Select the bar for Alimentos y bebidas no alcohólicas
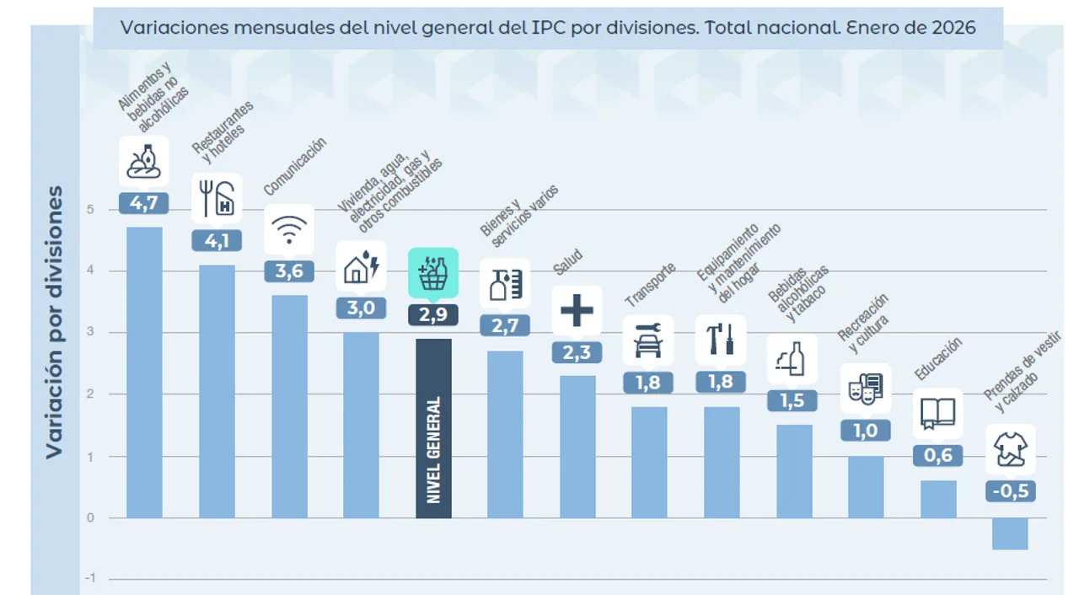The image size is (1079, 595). pyautogui.click(x=144, y=372)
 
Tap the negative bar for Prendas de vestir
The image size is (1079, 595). pyautogui.click(x=1009, y=533)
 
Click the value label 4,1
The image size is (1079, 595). pyautogui.click(x=217, y=241)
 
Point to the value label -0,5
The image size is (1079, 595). pyautogui.click(x=1010, y=491)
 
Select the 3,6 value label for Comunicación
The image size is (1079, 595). pyautogui.click(x=289, y=271)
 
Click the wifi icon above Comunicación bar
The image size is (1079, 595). pyautogui.click(x=289, y=228)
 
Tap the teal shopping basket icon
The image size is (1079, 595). pyautogui.click(x=433, y=272)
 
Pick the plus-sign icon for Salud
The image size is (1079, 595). pyautogui.click(x=577, y=310)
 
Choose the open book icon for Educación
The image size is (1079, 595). pyautogui.click(x=937, y=412)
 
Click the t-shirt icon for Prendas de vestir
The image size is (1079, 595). pyautogui.click(x=1009, y=448)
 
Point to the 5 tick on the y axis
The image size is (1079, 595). pyautogui.click(x=90, y=210)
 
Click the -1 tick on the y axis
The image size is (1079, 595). pyautogui.click(x=90, y=579)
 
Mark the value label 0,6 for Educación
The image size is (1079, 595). pyautogui.click(x=937, y=456)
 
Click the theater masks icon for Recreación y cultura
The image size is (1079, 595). pyautogui.click(x=865, y=388)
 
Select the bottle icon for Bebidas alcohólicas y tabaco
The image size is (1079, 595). pyautogui.click(x=792, y=358)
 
